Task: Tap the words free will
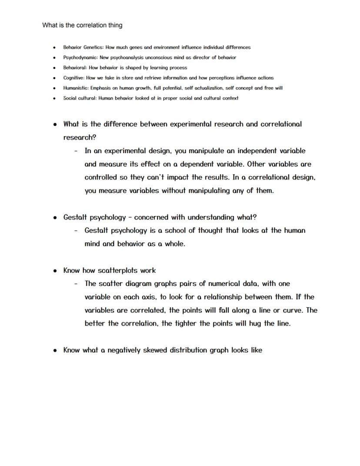pos(273,88)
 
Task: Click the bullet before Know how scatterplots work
pos(55,271)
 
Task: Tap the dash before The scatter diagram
pos(76,284)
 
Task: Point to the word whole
pos(175,244)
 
